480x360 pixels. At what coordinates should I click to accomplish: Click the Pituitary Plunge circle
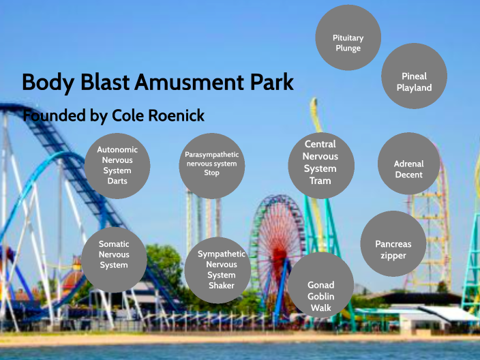(x=348, y=43)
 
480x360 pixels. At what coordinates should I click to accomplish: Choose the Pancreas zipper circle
(x=393, y=250)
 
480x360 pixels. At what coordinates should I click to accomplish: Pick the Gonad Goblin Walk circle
(x=320, y=295)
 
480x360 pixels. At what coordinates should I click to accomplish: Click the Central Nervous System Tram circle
(x=320, y=164)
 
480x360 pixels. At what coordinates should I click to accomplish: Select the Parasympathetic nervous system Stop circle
(x=211, y=164)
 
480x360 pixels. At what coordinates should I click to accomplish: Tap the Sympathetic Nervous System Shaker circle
(x=217, y=269)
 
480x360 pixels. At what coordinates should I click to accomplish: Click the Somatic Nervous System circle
(x=114, y=254)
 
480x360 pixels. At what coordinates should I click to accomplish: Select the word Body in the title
(x=46, y=82)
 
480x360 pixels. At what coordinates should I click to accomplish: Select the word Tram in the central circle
(x=320, y=181)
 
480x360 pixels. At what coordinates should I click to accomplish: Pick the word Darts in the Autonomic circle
(x=117, y=181)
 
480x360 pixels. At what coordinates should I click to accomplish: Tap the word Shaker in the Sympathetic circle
(x=217, y=286)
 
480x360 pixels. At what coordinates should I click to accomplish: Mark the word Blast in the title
(x=101, y=82)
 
